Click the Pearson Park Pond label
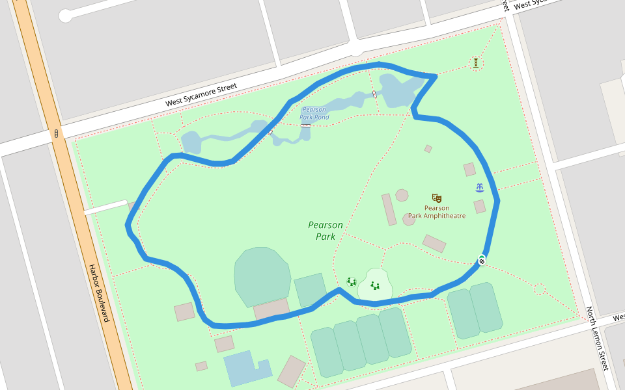(314, 114)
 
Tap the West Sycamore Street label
(201, 94)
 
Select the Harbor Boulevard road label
(99, 292)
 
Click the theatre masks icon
(436, 198)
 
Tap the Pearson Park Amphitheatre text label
(437, 212)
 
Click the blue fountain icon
(480, 188)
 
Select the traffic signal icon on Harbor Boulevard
(57, 134)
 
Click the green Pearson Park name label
(326, 231)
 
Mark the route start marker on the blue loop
(482, 261)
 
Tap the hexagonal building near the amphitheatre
(402, 195)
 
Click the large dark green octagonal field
(262, 276)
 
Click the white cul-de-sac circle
(66, 16)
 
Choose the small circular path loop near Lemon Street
(539, 289)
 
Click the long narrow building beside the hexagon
(389, 209)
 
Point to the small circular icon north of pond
(477, 62)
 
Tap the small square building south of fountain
(480, 207)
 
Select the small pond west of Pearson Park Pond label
(191, 142)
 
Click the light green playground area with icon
(375, 285)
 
